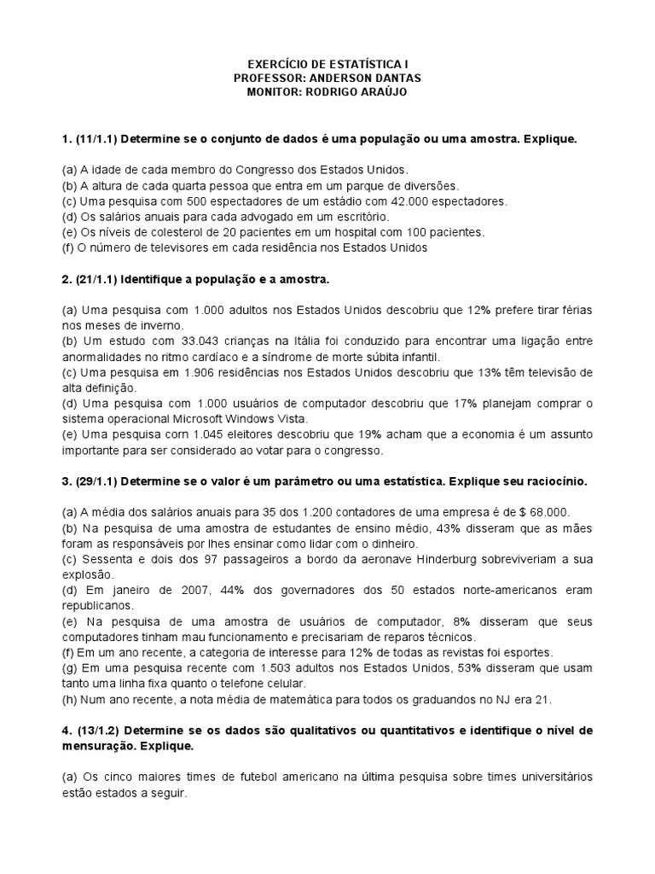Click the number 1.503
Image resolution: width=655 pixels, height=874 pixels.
point(237,667)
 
